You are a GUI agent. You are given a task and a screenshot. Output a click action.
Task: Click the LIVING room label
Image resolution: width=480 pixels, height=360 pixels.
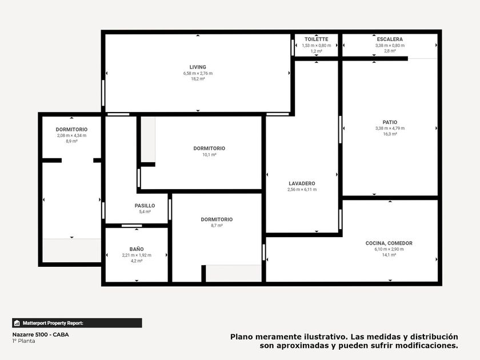pos(198,67)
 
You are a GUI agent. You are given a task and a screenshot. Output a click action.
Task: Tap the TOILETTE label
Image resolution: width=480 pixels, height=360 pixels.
pos(316,39)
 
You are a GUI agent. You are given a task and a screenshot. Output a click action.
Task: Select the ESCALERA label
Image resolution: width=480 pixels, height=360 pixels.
pos(390,39)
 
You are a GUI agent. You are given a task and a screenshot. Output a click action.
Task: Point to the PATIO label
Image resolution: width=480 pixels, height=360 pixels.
pos(390,122)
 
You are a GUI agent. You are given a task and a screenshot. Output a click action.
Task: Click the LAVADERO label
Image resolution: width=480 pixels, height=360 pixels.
pos(302,183)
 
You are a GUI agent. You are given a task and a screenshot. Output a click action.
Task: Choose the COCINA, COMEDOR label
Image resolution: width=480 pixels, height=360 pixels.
pos(389,243)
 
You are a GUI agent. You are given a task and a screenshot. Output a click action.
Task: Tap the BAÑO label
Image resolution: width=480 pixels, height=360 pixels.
pos(137,249)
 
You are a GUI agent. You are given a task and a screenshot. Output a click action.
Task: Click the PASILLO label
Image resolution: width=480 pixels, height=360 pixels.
pos(145,206)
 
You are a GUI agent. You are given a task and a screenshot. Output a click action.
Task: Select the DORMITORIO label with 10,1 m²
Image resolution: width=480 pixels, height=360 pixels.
pos(209,149)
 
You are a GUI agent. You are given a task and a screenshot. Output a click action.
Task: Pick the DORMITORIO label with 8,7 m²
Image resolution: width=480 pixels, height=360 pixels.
pos(217,219)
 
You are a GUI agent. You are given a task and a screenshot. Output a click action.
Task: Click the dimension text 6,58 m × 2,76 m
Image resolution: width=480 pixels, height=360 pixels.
pos(198,73)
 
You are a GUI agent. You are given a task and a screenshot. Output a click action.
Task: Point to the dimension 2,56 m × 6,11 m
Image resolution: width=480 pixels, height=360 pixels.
pos(302,190)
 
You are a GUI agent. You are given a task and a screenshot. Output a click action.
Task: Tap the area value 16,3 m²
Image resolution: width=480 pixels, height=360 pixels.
pos(390,134)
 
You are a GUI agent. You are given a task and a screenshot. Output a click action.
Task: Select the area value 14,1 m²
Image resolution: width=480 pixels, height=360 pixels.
pos(389,255)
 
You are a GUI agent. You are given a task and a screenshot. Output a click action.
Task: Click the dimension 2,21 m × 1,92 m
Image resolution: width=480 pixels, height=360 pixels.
pos(137,255)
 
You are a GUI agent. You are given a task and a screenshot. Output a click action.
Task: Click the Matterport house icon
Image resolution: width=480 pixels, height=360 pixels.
pos(17,323)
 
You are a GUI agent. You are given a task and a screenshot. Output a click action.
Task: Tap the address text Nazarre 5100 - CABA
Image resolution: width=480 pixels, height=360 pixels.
pos(41,335)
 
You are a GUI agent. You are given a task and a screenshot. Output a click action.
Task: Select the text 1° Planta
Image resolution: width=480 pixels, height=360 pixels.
pos(23,341)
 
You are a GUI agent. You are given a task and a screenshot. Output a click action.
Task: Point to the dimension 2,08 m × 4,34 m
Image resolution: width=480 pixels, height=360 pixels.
pos(71,135)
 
